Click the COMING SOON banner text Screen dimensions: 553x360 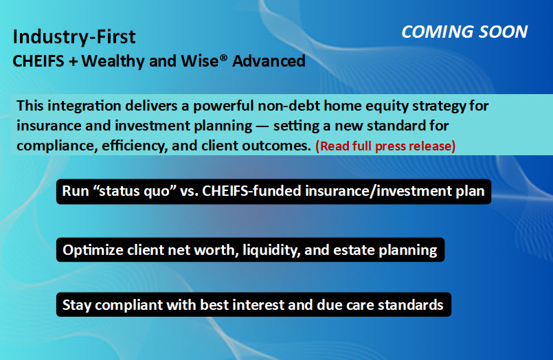point(464,32)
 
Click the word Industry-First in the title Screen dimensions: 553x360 point(74,36)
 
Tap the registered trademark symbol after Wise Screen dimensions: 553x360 point(223,57)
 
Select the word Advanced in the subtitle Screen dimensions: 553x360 point(269,61)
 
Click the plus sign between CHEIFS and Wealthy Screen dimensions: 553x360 point(73,62)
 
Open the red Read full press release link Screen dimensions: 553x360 point(385,146)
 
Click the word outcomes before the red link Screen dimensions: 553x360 point(279,146)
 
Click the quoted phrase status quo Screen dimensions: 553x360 point(135,191)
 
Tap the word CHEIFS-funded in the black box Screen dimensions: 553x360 point(252,191)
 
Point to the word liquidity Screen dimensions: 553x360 point(271,250)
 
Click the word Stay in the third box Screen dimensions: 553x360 point(77,305)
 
